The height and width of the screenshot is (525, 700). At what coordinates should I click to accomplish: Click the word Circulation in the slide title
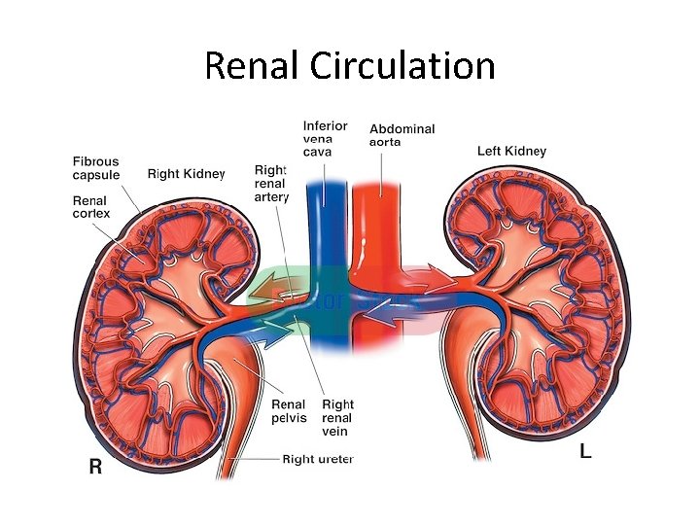point(403,66)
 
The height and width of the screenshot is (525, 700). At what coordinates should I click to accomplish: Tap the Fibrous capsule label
point(95,168)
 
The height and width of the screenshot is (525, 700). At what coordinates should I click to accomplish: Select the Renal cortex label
point(90,207)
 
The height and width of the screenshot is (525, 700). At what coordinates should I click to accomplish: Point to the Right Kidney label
point(186,174)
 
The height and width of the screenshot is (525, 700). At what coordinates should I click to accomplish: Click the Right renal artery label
point(271,183)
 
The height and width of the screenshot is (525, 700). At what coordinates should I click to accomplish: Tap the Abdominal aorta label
point(402,135)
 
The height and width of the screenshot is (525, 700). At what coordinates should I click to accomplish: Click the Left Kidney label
point(511,151)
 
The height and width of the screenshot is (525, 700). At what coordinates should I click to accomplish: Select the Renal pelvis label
point(289,411)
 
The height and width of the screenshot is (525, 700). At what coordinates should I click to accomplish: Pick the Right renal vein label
point(337,417)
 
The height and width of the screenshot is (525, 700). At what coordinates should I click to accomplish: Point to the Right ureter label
point(318,459)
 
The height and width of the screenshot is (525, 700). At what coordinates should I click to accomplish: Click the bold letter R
point(95,467)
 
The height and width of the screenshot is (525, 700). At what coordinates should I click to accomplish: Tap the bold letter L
point(585,452)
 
